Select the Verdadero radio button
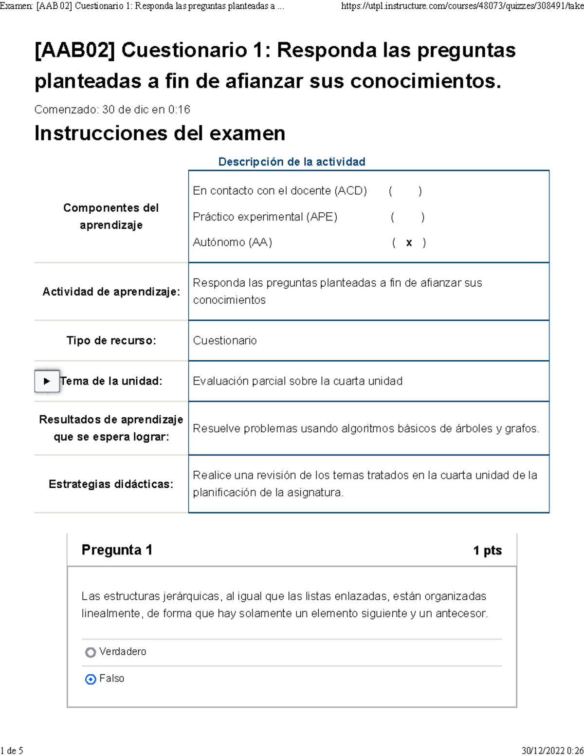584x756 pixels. pyautogui.click(x=91, y=652)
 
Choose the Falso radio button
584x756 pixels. pyautogui.click(x=91, y=679)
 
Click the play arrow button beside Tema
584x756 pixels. pyautogui.click(x=47, y=381)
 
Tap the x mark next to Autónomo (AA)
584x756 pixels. pyautogui.click(x=409, y=242)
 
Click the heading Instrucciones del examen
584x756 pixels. pyautogui.click(x=160, y=133)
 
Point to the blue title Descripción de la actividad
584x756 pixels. pyautogui.click(x=292, y=162)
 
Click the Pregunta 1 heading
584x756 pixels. pyautogui.click(x=117, y=550)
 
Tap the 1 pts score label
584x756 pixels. pyautogui.click(x=487, y=551)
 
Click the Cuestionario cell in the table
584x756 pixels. pyautogui.click(x=225, y=341)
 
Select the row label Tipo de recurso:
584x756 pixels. pyautogui.click(x=111, y=341)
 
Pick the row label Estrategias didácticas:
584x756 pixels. pyautogui.click(x=111, y=484)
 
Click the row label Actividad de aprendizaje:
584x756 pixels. pyautogui.click(x=111, y=292)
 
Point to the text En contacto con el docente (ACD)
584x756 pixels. pyautogui.click(x=280, y=191)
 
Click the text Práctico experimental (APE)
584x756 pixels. pyautogui.click(x=265, y=217)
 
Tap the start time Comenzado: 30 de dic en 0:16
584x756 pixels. pyautogui.click(x=112, y=110)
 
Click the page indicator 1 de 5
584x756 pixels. pyautogui.click(x=12, y=751)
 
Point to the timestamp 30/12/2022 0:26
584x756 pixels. pyautogui.click(x=552, y=751)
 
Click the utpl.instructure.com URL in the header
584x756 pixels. pyautogui.click(x=462, y=6)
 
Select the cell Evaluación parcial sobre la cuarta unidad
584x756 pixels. pyautogui.click(x=297, y=381)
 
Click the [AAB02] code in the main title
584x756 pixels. pyautogui.click(x=74, y=51)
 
